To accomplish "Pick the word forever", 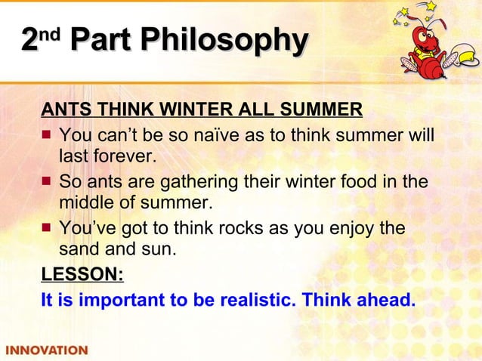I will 122,156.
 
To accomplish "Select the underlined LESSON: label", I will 82,273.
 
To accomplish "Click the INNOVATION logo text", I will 46,350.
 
